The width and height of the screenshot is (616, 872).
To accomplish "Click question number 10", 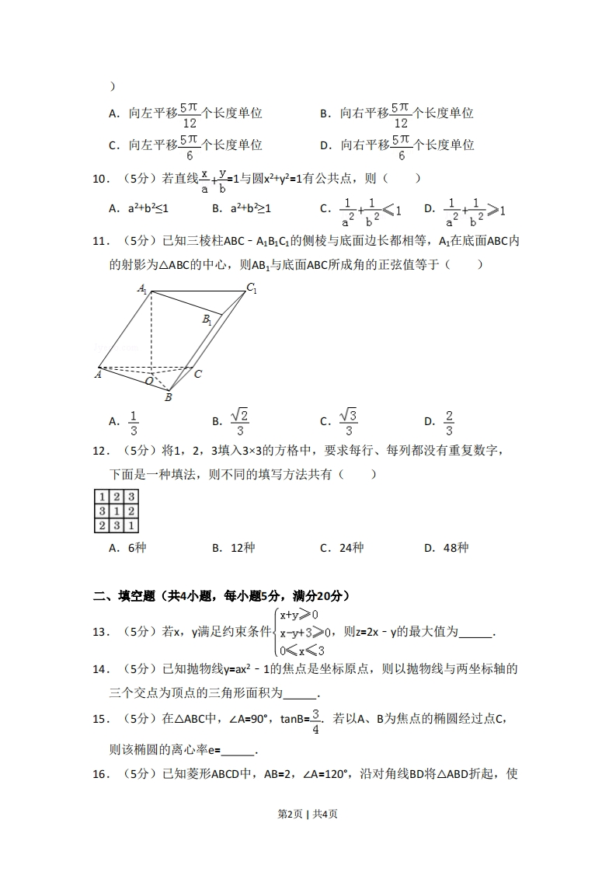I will (101, 179).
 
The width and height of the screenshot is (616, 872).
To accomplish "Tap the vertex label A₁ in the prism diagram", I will (143, 288).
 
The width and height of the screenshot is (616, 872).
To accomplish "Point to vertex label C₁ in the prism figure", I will (251, 288).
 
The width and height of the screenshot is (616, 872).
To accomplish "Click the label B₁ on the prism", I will (207, 319).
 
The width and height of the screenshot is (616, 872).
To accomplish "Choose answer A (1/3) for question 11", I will (124, 422).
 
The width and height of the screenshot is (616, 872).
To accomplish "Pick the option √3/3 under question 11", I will (338, 422).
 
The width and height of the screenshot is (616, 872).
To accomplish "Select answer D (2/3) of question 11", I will (440, 422).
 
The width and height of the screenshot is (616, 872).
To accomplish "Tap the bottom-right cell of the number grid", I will (131, 525).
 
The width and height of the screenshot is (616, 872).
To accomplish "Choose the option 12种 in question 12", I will (234, 548).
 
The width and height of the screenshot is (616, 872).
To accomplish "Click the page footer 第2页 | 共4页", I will (308, 814).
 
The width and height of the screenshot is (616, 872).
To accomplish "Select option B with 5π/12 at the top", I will (397, 113).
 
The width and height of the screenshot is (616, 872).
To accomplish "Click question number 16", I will (101, 774).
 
